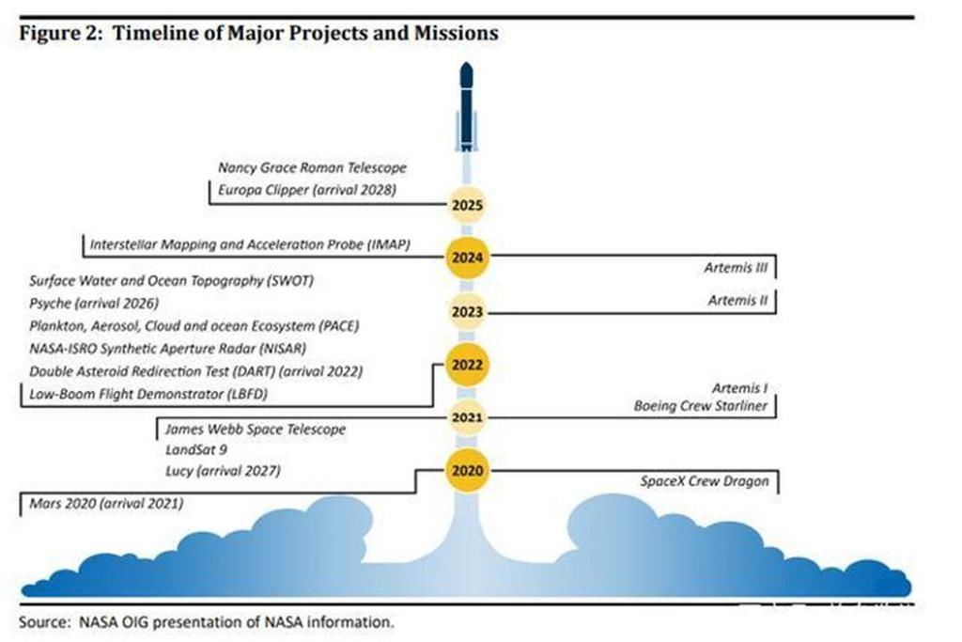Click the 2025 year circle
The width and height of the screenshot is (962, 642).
click(x=466, y=204)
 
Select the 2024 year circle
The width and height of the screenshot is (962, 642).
click(x=466, y=256)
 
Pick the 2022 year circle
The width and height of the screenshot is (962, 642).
click(x=466, y=364)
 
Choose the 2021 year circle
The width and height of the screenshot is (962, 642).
click(x=466, y=416)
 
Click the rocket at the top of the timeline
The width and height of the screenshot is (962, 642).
click(x=466, y=105)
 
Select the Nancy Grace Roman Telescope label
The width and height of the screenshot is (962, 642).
click(x=312, y=167)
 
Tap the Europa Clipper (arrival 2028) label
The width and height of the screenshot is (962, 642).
click(x=307, y=189)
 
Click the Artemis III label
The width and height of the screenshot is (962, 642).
click(x=736, y=268)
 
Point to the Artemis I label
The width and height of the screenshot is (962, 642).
click(x=740, y=388)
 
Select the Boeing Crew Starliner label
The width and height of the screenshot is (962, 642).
click(x=701, y=406)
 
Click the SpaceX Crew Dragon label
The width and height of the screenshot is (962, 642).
click(x=705, y=481)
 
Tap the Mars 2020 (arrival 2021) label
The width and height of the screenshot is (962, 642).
click(x=106, y=504)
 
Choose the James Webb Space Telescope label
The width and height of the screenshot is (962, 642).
click(x=255, y=429)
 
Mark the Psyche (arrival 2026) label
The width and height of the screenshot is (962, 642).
click(x=94, y=303)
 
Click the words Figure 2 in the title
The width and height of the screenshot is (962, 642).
click(x=59, y=33)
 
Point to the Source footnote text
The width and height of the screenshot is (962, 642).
click(x=206, y=620)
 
